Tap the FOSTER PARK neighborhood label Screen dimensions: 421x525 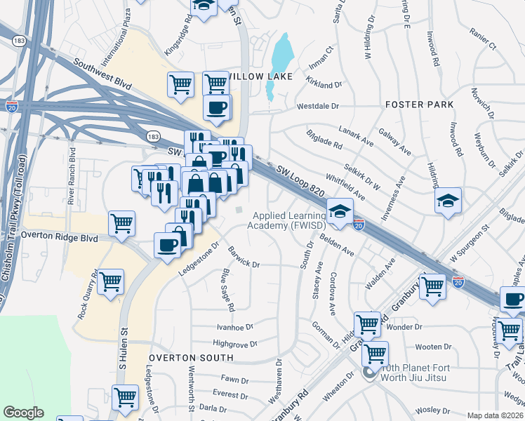(x=419, y=105)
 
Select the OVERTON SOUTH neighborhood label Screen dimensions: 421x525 (x=179, y=359)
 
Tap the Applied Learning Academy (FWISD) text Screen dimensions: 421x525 (x=289, y=220)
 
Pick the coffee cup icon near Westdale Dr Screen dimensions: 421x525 (x=216, y=107)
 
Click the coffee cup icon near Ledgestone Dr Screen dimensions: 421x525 (x=167, y=246)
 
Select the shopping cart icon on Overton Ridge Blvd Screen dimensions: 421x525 (x=122, y=223)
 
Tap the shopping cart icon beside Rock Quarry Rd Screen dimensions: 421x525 (x=111, y=282)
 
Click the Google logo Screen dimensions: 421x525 (x=23, y=413)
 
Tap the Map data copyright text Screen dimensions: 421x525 (x=495, y=415)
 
